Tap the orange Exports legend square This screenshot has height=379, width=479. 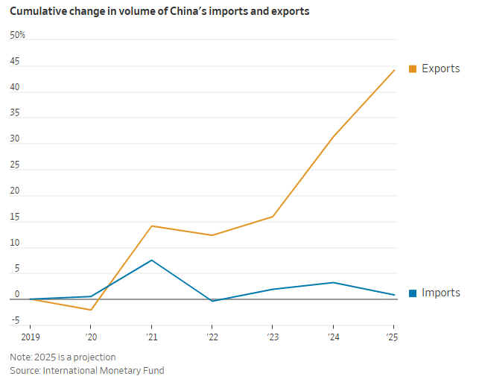click(413, 69)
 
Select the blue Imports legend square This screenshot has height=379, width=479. click(413, 293)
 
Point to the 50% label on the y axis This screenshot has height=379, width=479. click(17, 36)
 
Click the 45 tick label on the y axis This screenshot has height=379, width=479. click(15, 62)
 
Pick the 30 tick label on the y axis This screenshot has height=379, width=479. click(15, 139)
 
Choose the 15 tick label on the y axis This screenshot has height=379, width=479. click(14, 217)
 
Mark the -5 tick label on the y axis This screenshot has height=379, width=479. click(15, 322)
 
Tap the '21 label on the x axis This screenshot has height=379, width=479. click(151, 336)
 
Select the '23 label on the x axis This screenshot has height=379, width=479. click(272, 336)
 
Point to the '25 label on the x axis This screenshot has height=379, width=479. click(393, 336)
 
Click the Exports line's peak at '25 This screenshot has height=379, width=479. click(394, 70)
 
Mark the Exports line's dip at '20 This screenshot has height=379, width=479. click(91, 310)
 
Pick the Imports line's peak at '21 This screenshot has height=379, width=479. click(152, 260)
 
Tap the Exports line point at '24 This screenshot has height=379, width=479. click(333, 136)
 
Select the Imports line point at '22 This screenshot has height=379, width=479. click(212, 301)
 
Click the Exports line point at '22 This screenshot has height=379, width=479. click(212, 235)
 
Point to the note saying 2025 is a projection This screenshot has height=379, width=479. click(63, 357)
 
